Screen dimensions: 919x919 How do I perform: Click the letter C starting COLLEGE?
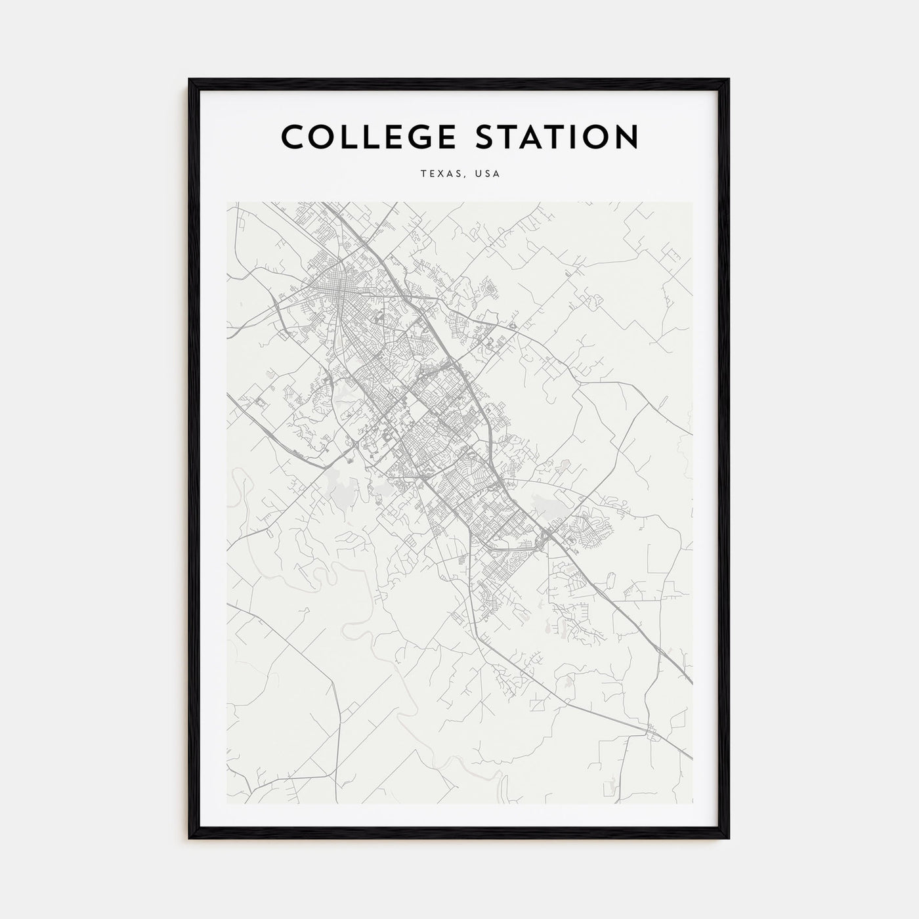(293, 137)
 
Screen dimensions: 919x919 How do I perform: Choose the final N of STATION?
(626, 137)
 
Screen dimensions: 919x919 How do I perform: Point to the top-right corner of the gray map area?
(692, 203)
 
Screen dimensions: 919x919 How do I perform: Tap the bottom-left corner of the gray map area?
(227, 803)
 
